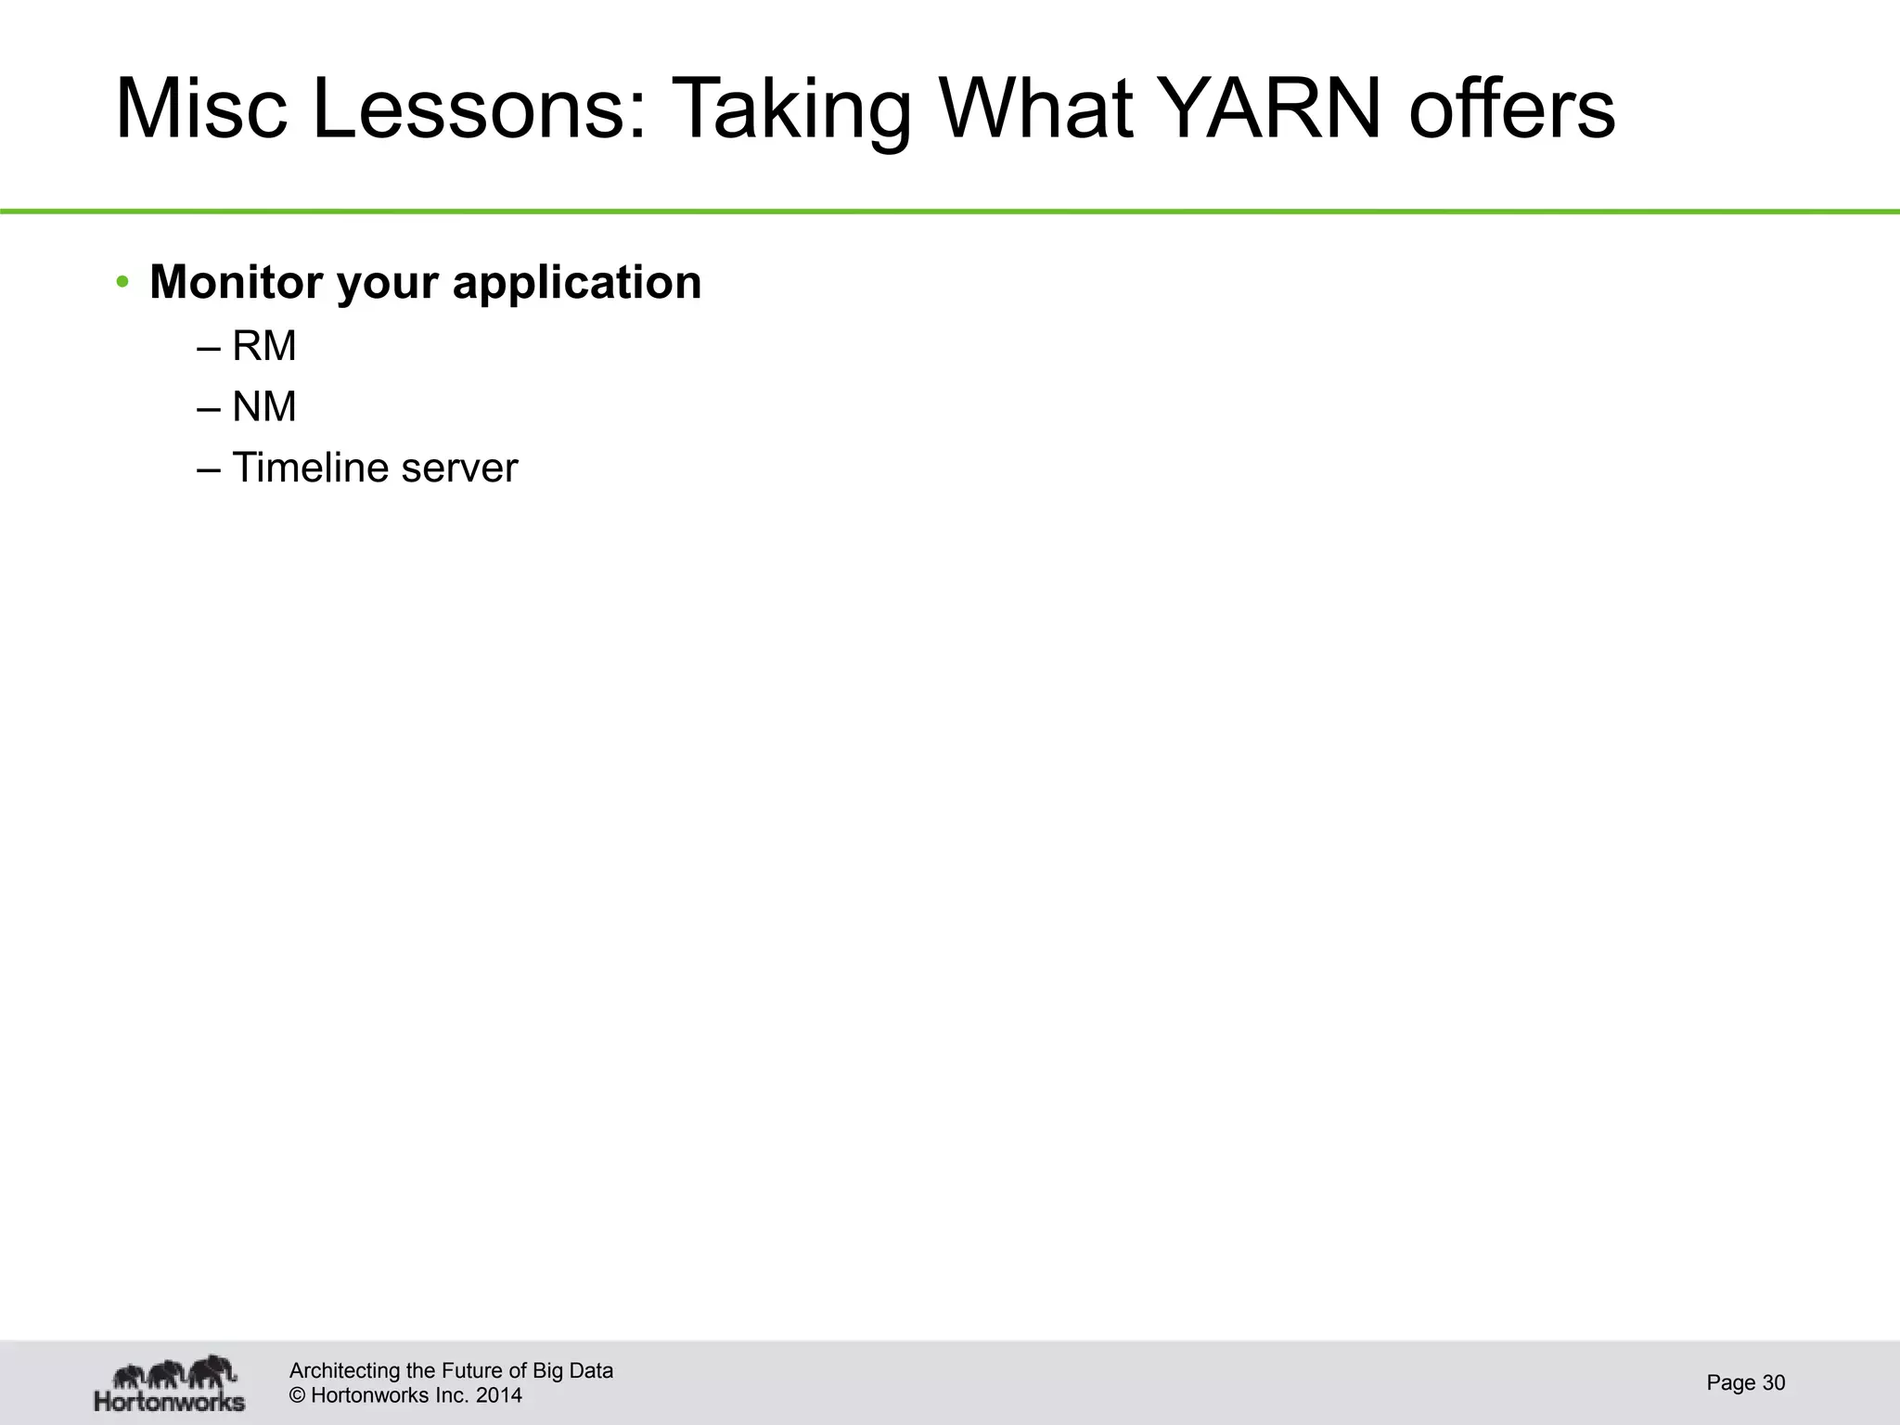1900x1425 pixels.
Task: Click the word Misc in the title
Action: coord(200,109)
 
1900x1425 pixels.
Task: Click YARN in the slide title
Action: coord(1271,109)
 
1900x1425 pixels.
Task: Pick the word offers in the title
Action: coord(1512,109)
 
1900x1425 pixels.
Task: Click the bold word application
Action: coord(576,284)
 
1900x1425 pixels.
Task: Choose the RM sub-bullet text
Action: coord(264,346)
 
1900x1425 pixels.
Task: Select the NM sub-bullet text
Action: coord(264,406)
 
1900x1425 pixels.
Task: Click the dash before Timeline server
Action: coord(209,469)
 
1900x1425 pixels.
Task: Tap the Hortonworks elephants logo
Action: coord(170,1381)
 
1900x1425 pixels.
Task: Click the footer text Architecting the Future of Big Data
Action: coord(451,1370)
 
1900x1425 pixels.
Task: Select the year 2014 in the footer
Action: coord(498,1395)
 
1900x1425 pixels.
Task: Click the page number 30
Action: coord(1773,1383)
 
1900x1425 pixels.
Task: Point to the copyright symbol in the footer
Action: coord(298,1395)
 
